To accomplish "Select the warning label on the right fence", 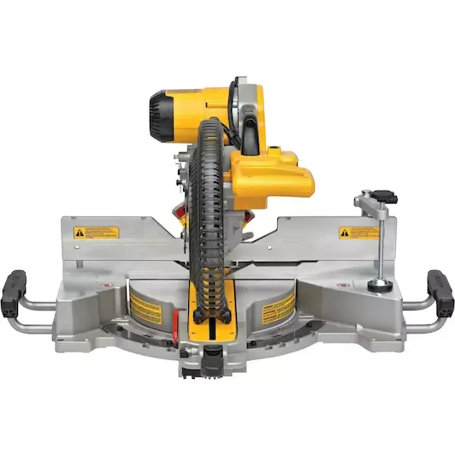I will pyautogui.click(x=358, y=232).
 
